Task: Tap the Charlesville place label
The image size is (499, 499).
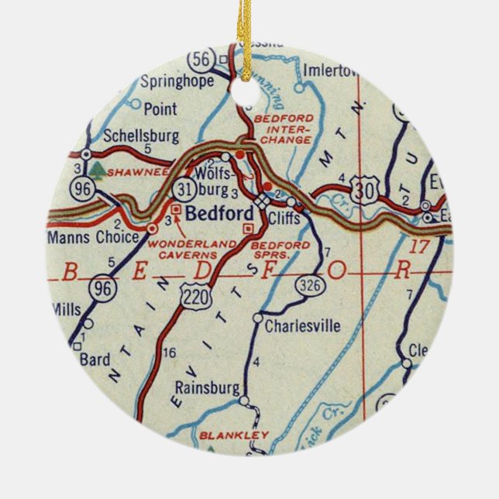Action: pos(302,326)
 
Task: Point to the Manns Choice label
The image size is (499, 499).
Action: pos(92,236)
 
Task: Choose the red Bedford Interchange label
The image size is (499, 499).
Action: pos(283,129)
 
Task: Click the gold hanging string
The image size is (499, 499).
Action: pos(248,31)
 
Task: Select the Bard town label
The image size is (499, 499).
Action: pos(96,360)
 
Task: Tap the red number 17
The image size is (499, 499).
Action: pos(418,247)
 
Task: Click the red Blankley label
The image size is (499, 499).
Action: pos(223,435)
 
